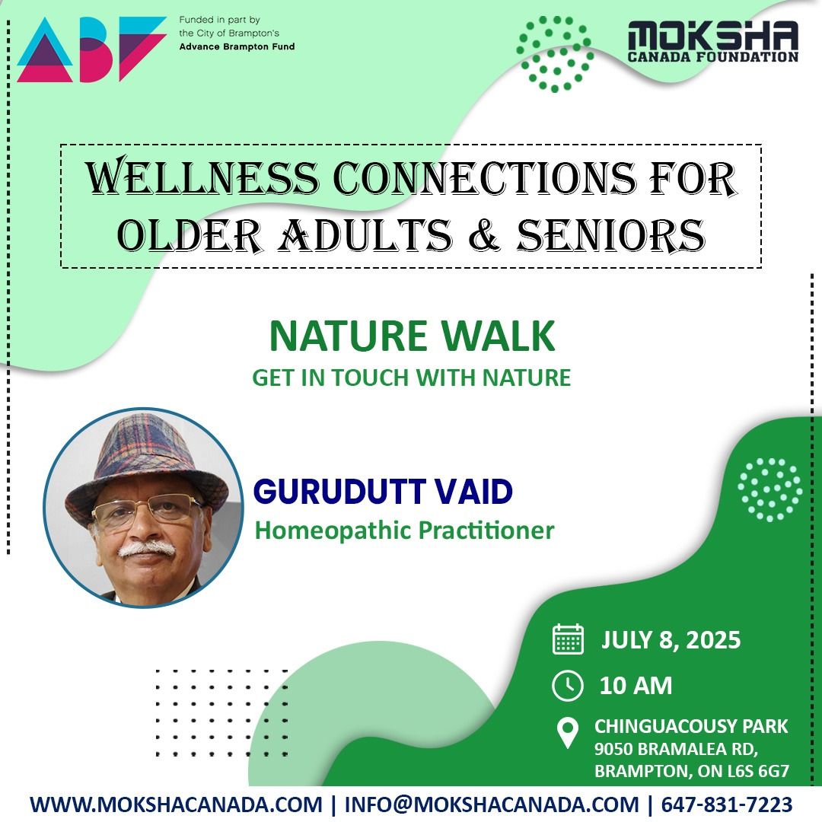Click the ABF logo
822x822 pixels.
(x=91, y=49)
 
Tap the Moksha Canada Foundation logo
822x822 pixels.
(x=712, y=41)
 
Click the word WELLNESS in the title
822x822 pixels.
(x=202, y=178)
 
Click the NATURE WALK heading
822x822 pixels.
(x=412, y=336)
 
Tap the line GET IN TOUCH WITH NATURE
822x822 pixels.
(x=412, y=378)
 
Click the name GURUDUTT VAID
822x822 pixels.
(x=383, y=492)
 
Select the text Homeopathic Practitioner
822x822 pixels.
(x=404, y=530)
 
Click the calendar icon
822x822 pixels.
(x=568, y=639)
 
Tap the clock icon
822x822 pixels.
(x=568, y=686)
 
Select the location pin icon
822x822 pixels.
(x=568, y=734)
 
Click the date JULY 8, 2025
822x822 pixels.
(x=671, y=640)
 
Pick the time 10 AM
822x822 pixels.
(x=636, y=686)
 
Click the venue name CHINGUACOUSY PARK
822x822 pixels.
(x=691, y=726)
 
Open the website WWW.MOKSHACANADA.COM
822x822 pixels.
(x=176, y=804)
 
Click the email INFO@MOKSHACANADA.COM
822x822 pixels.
(x=492, y=804)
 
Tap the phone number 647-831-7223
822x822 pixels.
(x=726, y=804)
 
